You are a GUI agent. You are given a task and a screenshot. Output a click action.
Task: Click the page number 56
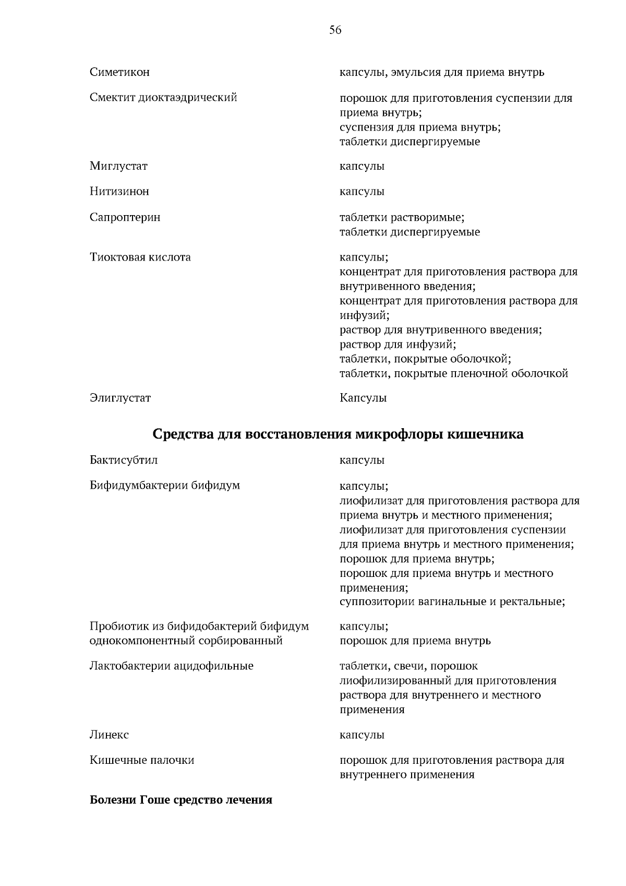click(335, 30)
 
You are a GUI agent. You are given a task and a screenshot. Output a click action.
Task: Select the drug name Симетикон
click(119, 72)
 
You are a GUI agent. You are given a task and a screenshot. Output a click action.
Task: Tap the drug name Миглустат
click(118, 166)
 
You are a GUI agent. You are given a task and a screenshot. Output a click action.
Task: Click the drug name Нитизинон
click(119, 191)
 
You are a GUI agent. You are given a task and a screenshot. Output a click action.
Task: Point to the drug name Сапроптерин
click(125, 217)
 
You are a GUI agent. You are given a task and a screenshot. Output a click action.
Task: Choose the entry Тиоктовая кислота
click(140, 257)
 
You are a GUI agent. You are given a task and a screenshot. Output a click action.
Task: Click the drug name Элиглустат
click(120, 398)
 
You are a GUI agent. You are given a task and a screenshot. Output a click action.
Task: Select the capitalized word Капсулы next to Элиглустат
click(363, 398)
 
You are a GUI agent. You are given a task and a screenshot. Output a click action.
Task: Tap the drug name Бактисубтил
click(124, 460)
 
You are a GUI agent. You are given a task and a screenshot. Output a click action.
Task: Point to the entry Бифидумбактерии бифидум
click(165, 485)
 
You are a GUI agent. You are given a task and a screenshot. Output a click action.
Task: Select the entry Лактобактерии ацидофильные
click(171, 666)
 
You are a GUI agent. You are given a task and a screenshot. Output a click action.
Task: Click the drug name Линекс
click(109, 735)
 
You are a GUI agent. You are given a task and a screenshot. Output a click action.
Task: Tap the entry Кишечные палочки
click(142, 760)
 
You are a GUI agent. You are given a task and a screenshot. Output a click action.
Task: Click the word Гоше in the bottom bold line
click(152, 800)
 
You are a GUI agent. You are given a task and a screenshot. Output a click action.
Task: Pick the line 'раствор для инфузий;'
click(398, 344)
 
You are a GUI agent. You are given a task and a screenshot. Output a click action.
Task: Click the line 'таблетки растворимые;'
click(402, 217)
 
